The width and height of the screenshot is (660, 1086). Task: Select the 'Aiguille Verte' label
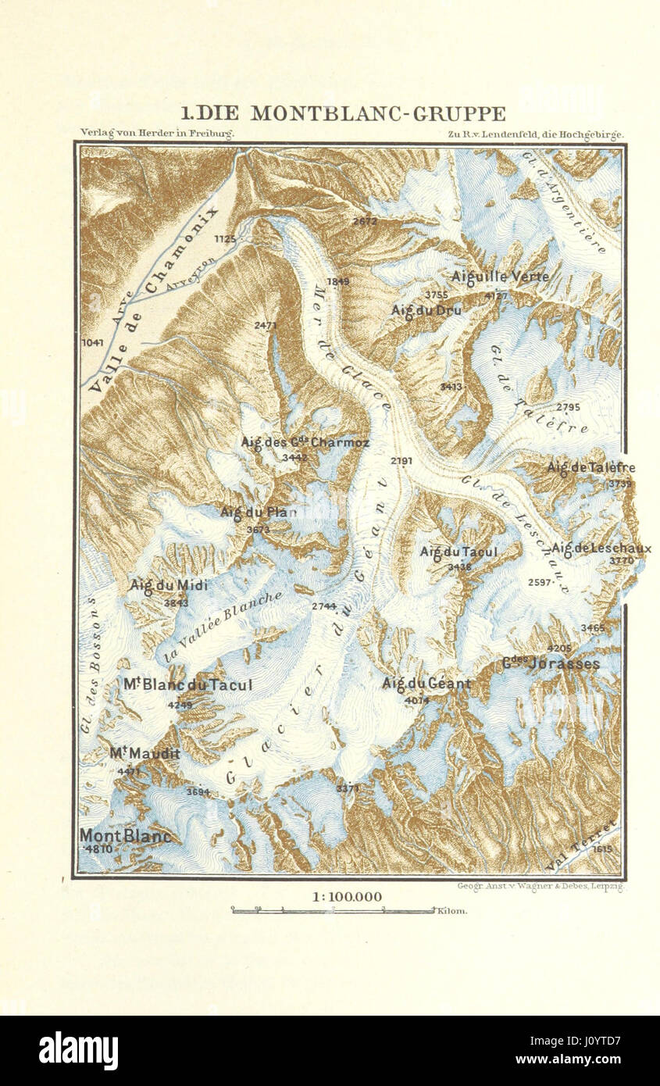(500, 277)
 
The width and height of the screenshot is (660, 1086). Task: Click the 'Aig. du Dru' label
(426, 310)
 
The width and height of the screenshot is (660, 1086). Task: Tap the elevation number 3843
(176, 602)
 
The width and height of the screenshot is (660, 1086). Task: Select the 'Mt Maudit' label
(144, 754)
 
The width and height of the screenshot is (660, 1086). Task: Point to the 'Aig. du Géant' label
(426, 684)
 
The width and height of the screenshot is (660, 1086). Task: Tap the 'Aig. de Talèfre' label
(591, 468)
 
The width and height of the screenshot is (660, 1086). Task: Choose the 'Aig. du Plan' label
(255, 513)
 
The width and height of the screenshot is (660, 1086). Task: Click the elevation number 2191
(401, 461)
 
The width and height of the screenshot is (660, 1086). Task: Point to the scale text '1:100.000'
(348, 897)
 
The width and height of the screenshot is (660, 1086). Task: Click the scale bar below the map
(334, 910)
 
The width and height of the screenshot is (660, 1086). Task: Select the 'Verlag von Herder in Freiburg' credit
(157, 134)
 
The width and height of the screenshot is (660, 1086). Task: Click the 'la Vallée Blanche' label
(223, 625)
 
